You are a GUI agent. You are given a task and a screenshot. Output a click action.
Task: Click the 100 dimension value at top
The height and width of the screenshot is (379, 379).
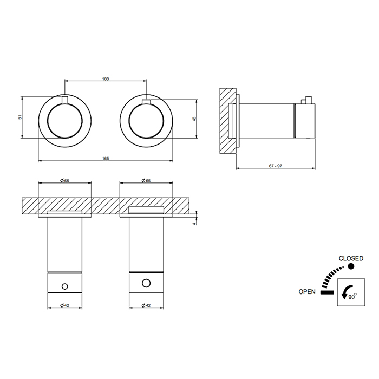pos(106,79)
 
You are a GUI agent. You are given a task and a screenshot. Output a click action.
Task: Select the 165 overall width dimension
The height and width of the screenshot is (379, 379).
pos(106,159)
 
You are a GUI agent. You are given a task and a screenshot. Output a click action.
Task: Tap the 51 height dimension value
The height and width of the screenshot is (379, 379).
pos(21,117)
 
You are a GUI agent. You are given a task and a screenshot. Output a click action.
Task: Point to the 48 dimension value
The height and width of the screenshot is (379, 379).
pos(194,119)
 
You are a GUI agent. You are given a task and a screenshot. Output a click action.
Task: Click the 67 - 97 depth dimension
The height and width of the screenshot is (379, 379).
pos(276,166)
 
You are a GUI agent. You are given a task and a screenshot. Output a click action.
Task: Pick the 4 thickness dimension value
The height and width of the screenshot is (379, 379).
pos(194,224)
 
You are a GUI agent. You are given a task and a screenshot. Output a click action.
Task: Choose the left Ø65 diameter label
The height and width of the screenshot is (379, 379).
pos(64,180)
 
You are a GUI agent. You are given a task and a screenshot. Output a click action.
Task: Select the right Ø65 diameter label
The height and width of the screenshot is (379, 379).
pos(146,180)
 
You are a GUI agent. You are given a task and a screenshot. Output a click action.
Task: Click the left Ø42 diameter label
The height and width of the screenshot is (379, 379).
pos(64,305)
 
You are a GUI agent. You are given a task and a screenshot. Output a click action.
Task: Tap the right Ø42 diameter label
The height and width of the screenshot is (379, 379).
pos(146,305)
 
